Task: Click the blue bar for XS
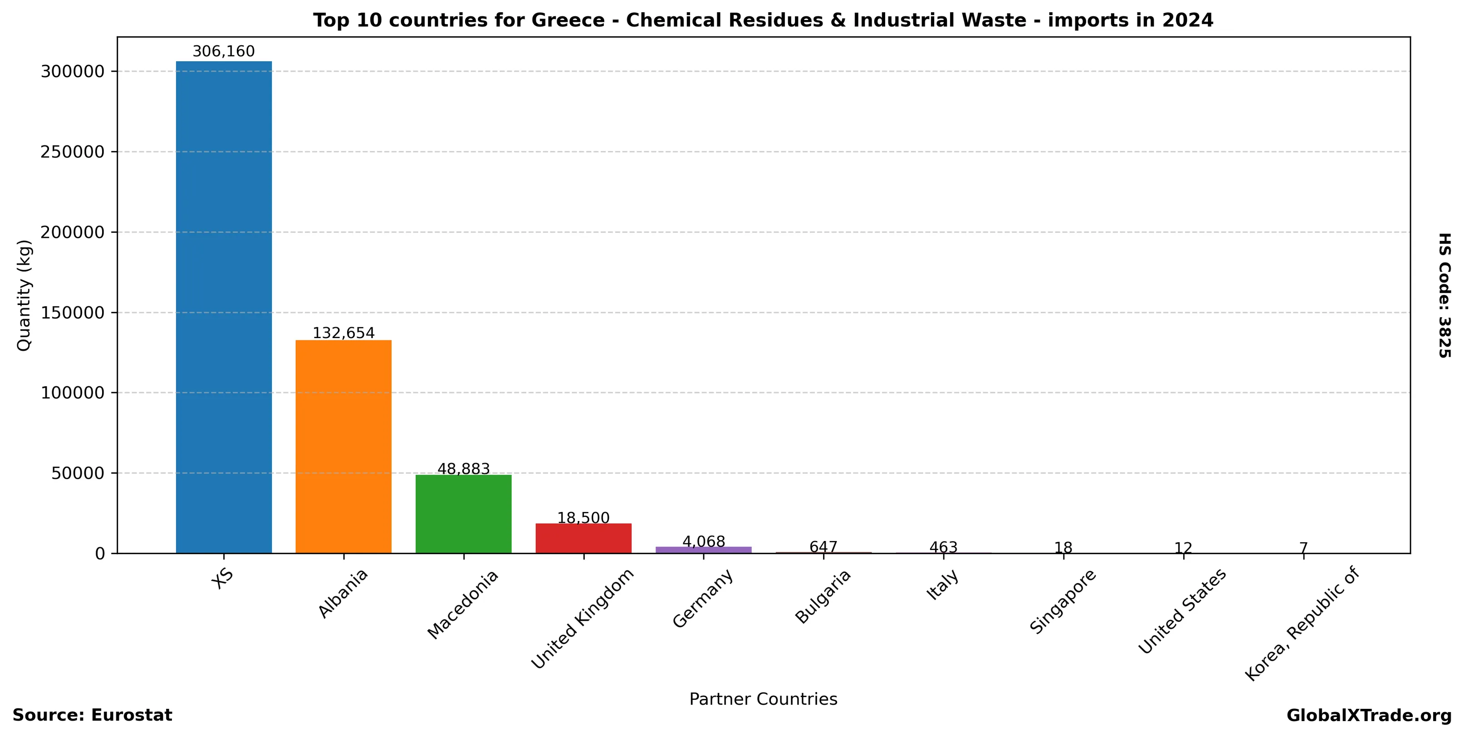coord(224,307)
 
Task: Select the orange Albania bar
coord(343,447)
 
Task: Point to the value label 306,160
coord(224,52)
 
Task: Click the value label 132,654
coord(343,333)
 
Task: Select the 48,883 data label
coord(464,469)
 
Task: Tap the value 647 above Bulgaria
coord(823,547)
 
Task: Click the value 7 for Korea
coord(1303,548)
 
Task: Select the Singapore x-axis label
coord(1063,602)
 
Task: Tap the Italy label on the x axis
coord(943,585)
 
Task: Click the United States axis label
coord(1182,612)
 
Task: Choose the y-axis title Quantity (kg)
coord(24,295)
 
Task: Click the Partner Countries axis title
coord(763,699)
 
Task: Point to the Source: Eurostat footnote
coord(92,715)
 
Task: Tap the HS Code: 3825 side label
coord(1445,295)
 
